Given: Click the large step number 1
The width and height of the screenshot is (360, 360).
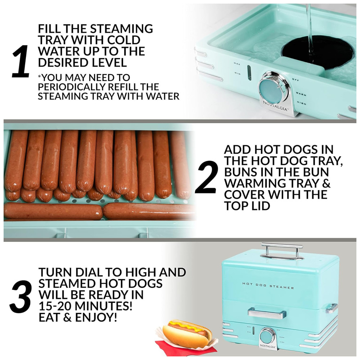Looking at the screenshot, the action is tap(20, 61).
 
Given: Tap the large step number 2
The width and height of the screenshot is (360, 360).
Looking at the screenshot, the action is tap(206, 177).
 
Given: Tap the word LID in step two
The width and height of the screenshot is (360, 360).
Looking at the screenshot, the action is tap(259, 206).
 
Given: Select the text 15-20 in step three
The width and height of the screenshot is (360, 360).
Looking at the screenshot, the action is tap(55, 306).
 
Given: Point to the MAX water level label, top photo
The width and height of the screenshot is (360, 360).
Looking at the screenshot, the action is tap(237, 64).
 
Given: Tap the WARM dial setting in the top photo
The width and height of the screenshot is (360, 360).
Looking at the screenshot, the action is tap(301, 94).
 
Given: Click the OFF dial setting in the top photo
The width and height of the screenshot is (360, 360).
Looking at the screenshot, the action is tap(295, 80).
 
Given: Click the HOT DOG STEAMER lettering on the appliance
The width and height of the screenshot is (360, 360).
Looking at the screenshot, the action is tap(268, 285).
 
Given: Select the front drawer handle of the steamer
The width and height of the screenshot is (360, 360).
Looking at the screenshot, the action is tap(267, 313).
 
